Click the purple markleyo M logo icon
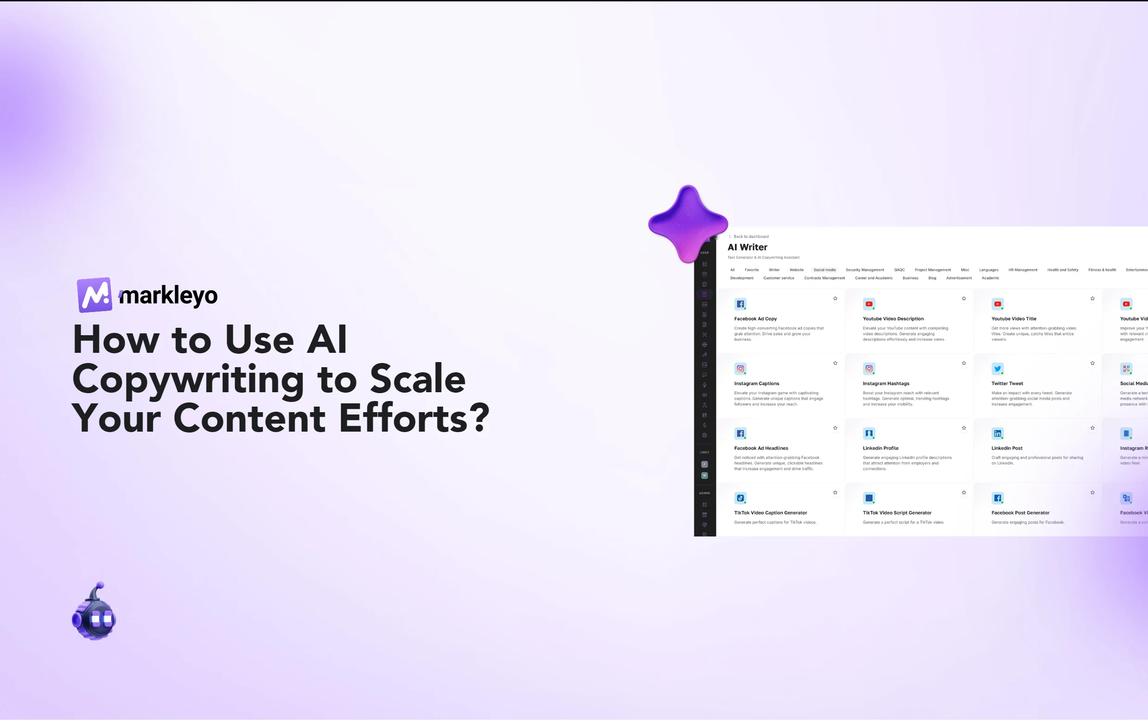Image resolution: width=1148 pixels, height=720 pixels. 95,295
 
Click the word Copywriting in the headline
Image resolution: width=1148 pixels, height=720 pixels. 188,380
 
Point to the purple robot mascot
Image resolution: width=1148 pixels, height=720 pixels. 94,613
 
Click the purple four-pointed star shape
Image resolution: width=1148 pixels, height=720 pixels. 688,224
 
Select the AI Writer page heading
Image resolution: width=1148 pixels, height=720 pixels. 747,247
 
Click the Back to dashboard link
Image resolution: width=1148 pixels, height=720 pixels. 750,236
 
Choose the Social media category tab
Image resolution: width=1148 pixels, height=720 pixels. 825,270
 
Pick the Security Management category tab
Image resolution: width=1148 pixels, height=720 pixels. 865,270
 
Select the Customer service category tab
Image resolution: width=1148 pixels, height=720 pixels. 779,278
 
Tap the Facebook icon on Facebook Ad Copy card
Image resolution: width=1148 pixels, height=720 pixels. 740,304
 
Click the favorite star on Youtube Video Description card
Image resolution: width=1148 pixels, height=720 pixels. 964,299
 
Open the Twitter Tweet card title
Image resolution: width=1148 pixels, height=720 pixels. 1007,383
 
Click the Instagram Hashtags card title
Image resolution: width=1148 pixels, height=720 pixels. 886,383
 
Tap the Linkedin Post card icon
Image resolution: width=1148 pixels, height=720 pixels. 997,433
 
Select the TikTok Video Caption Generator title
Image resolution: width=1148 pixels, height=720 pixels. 771,513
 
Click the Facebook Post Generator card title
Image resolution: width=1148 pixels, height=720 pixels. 1021,513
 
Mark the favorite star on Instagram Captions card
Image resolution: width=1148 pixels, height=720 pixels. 835,363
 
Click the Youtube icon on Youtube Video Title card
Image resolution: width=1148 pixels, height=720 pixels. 997,304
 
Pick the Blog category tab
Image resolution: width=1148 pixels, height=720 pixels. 932,278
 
